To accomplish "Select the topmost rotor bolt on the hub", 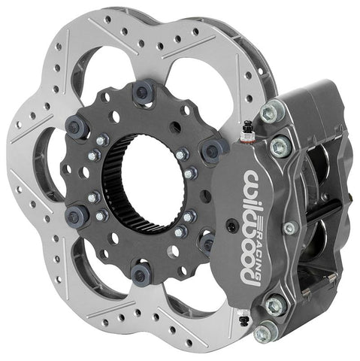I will [141, 93].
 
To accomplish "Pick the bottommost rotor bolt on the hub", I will [140, 272].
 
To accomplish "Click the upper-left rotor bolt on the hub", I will [76, 126].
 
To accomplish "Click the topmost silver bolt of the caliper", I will [268, 114].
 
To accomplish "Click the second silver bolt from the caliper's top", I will [280, 145].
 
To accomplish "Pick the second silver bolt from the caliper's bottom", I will [274, 305].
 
